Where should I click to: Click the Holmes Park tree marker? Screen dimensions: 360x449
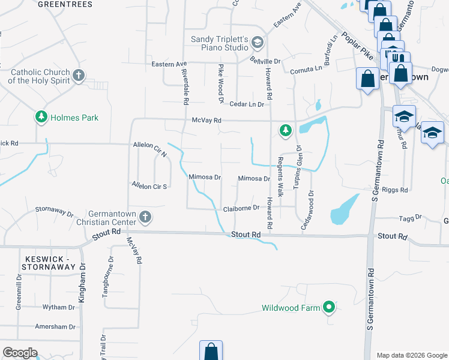click(x=41, y=117)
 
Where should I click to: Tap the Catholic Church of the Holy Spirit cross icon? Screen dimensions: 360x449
click(x=79, y=76)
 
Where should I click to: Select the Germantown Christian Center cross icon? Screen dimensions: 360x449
click(x=145, y=216)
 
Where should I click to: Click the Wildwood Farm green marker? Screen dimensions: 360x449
click(x=328, y=308)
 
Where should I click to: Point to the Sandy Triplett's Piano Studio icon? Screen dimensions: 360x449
click(x=258, y=42)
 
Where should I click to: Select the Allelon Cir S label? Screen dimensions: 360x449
click(x=149, y=186)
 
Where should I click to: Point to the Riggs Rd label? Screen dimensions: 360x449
click(x=395, y=190)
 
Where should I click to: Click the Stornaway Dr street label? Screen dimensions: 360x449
click(x=54, y=213)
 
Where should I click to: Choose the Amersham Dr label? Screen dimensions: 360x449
click(x=55, y=327)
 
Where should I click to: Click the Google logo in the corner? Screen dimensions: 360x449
click(x=20, y=353)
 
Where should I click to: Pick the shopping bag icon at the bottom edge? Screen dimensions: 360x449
click(x=211, y=351)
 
